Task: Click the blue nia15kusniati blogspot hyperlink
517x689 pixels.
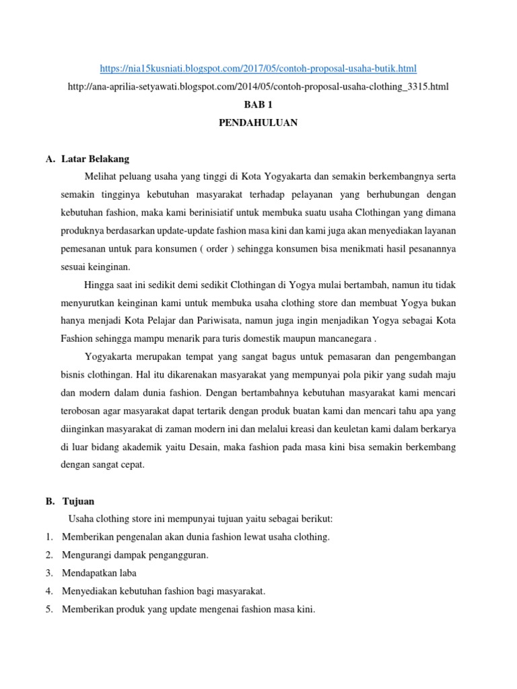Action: tap(258, 68)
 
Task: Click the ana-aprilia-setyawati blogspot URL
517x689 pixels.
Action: tap(258, 87)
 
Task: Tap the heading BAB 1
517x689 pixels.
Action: tap(258, 105)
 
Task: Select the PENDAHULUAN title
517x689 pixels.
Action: tap(258, 123)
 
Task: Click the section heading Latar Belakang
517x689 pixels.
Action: tap(95, 159)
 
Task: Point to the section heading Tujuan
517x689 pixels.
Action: tap(79, 501)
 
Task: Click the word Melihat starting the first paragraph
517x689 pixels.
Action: tap(100, 177)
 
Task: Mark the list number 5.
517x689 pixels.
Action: tap(50, 610)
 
